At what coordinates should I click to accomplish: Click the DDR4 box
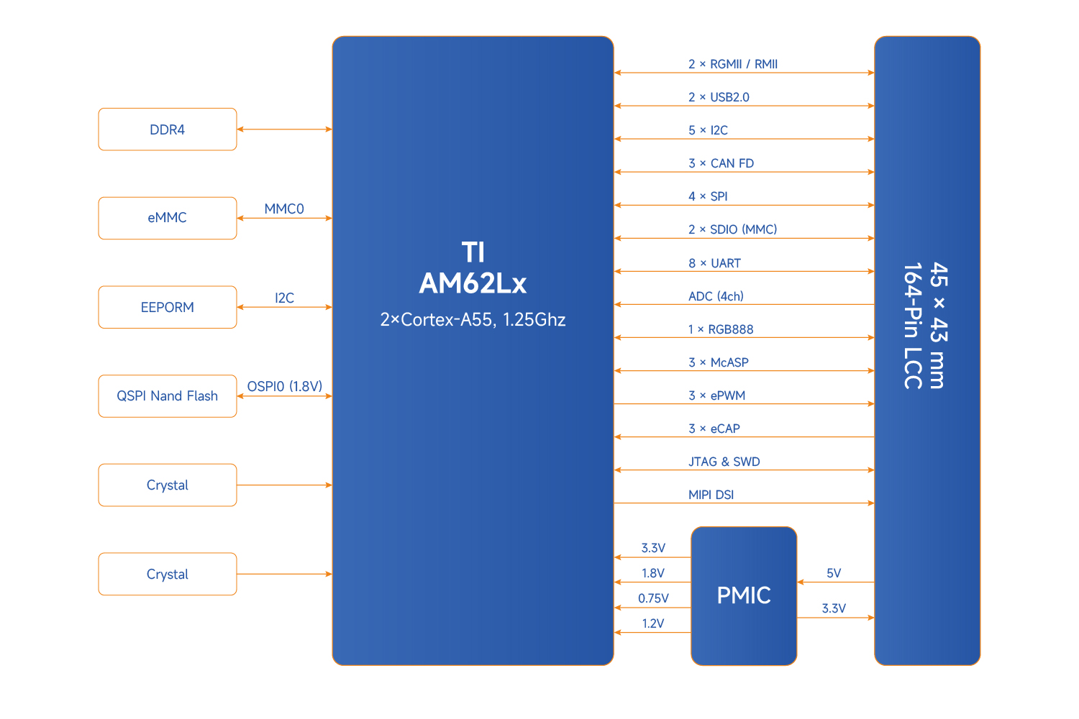pyautogui.click(x=167, y=129)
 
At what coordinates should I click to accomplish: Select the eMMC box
pyautogui.click(x=167, y=218)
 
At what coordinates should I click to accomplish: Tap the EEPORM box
pyautogui.click(x=167, y=307)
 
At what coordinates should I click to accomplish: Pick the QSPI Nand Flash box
pyautogui.click(x=167, y=396)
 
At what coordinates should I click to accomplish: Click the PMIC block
pyautogui.click(x=744, y=595)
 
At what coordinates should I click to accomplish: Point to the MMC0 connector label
pyautogui.click(x=284, y=209)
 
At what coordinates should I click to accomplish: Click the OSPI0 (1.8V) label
pyautogui.click(x=285, y=387)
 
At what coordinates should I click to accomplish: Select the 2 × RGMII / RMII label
pyautogui.click(x=733, y=64)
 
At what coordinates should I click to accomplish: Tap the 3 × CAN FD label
pyautogui.click(x=721, y=163)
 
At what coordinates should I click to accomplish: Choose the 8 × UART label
pyautogui.click(x=714, y=263)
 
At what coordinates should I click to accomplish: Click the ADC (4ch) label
pyautogui.click(x=716, y=296)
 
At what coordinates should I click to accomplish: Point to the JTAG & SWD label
pyautogui.click(x=724, y=462)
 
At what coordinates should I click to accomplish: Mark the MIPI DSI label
pyautogui.click(x=711, y=495)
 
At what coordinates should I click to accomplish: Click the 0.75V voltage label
pyautogui.click(x=653, y=598)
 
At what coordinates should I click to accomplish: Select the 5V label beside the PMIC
pyautogui.click(x=834, y=573)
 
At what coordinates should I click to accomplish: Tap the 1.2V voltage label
pyautogui.click(x=653, y=623)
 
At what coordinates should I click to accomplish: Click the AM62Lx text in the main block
pyautogui.click(x=473, y=284)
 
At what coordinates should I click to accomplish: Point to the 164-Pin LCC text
pyautogui.click(x=913, y=326)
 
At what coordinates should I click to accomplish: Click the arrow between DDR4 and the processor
pyautogui.click(x=284, y=129)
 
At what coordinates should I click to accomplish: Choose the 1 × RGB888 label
pyautogui.click(x=721, y=329)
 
